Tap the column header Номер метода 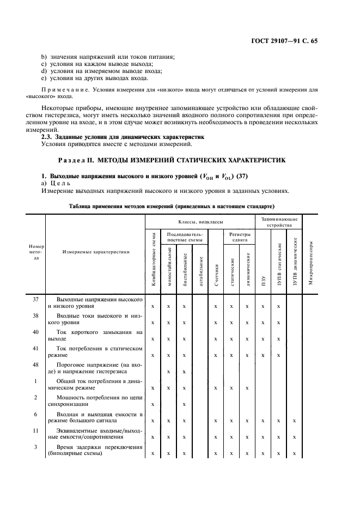36,252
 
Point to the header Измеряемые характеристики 96,252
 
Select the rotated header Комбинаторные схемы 152,260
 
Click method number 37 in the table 36,300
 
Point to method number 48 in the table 36,363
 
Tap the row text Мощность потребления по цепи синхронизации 95,400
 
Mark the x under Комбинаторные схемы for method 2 152,404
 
